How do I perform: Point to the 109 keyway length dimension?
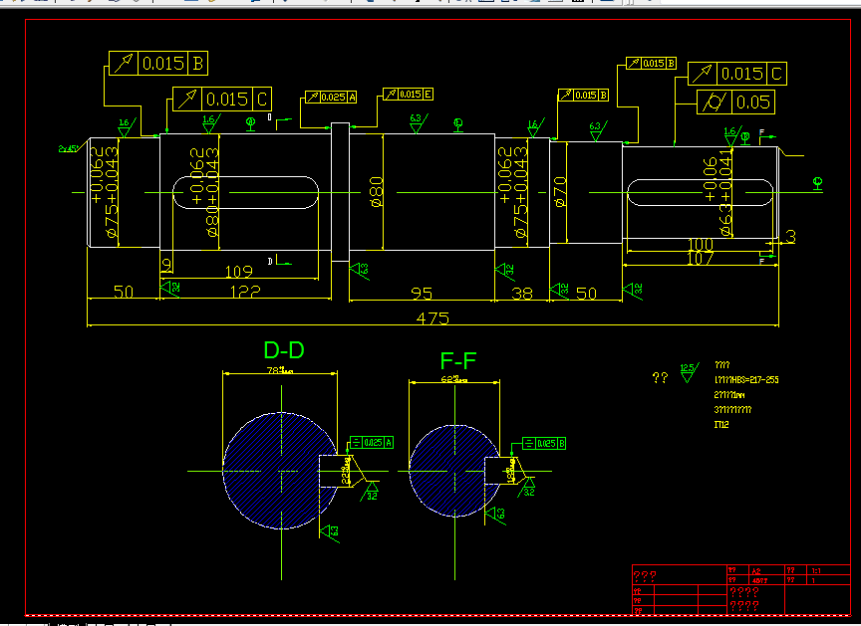238,271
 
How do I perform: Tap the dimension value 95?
422,294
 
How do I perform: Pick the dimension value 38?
521,294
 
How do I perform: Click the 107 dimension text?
701,259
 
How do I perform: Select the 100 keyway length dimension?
701,245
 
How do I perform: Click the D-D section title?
284,350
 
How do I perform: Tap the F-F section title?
458,360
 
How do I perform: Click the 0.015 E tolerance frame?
409,95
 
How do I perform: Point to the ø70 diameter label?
560,191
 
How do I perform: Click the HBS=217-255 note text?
746,379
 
